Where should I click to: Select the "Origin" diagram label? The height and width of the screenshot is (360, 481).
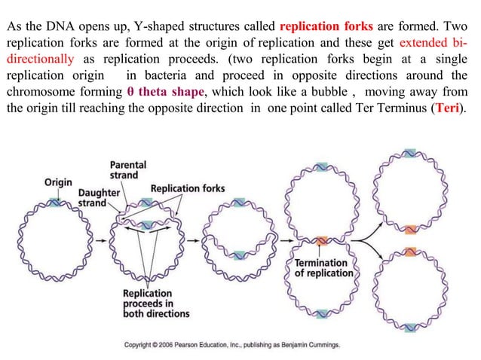pyautogui.click(x=58, y=182)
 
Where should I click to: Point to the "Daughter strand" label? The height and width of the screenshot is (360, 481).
pyautogui.click(x=99, y=198)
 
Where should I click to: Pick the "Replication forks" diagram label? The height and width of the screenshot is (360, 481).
pyautogui.click(x=187, y=188)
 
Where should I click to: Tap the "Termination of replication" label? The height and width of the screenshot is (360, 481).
pyautogui.click(x=323, y=267)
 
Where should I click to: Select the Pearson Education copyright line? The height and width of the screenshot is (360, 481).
pyautogui.click(x=231, y=344)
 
